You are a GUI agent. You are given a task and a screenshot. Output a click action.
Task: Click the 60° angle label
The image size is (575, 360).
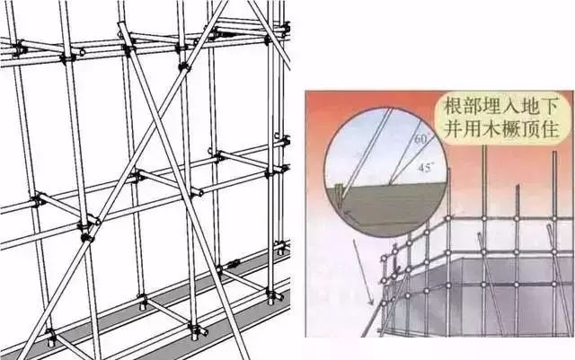point(421,139)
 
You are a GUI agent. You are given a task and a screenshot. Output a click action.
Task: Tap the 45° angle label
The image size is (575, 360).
point(424,168)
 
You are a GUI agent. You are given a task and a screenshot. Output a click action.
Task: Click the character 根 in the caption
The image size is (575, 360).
point(453,108)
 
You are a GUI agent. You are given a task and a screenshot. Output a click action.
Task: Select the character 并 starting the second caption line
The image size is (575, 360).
point(453,128)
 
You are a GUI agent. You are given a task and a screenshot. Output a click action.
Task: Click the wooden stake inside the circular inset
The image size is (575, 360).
point(341,196)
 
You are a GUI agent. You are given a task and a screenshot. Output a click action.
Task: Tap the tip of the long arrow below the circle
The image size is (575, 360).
point(373,305)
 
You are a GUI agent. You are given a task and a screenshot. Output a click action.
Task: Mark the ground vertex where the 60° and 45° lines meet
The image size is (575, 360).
point(391,184)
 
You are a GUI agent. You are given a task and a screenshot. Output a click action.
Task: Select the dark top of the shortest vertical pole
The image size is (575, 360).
point(517,187)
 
